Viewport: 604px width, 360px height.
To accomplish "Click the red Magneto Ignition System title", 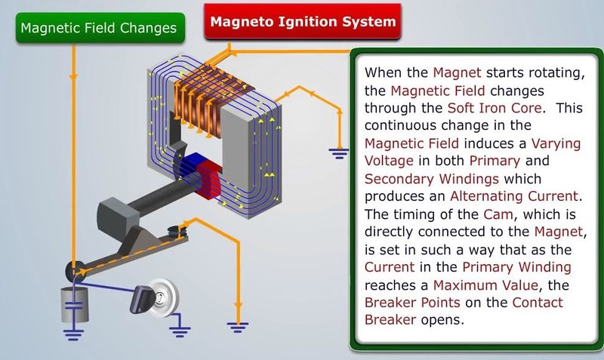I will pos(303,22).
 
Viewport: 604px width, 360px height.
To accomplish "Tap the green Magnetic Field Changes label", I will pos(99,28).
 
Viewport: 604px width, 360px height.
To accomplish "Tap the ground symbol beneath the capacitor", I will pos(72,332).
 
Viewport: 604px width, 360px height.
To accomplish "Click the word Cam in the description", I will pos(479,213).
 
